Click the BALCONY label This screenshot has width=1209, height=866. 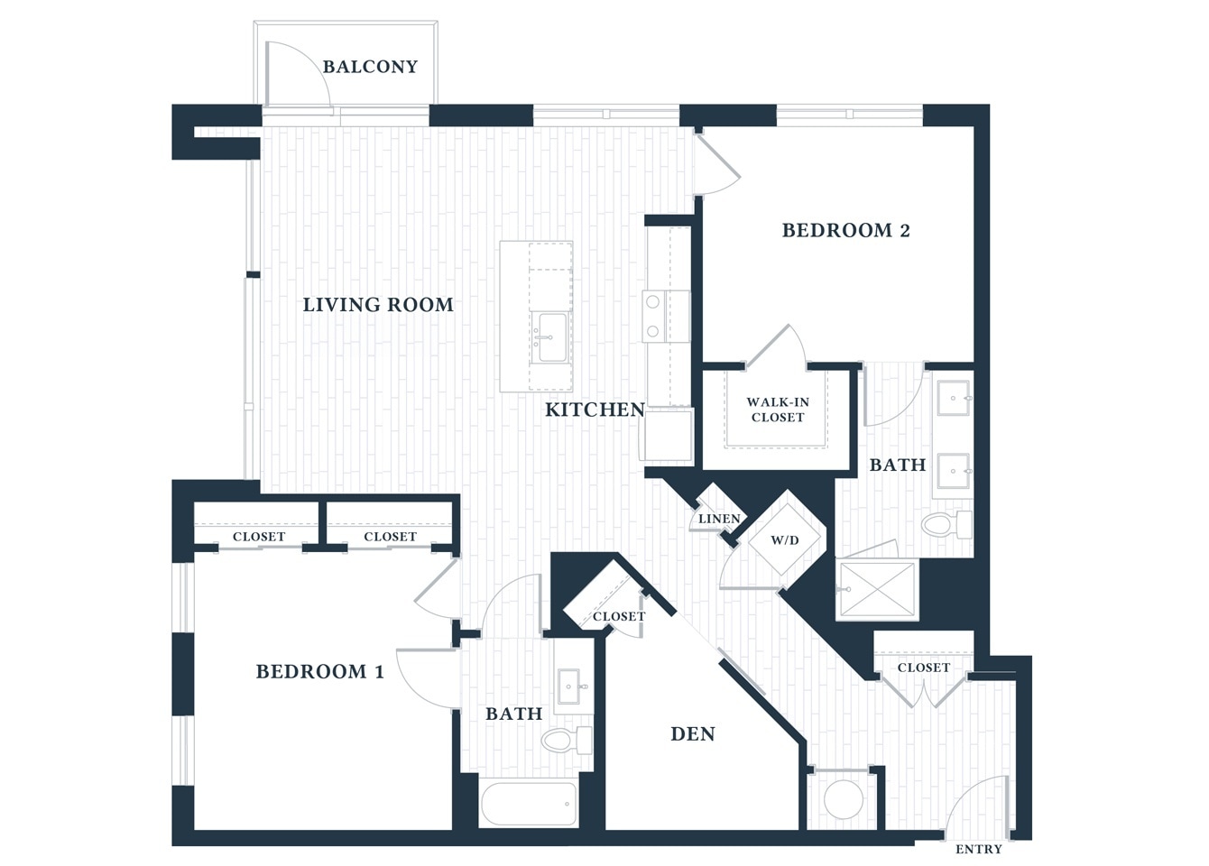(x=370, y=67)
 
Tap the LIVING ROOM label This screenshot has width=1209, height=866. (x=377, y=305)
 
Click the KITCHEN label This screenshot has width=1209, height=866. (x=595, y=410)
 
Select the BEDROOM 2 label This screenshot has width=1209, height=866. (x=845, y=231)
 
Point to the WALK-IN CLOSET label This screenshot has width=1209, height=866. (x=777, y=410)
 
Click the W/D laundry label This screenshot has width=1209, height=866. (x=784, y=540)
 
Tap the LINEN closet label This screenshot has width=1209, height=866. (x=719, y=519)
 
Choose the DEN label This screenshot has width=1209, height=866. (x=692, y=734)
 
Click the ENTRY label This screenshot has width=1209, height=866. (x=978, y=849)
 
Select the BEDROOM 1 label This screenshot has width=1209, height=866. (x=319, y=671)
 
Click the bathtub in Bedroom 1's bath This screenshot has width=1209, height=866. (x=529, y=803)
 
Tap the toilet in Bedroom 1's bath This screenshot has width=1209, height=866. (x=565, y=741)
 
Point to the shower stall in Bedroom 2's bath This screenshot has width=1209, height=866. (x=878, y=590)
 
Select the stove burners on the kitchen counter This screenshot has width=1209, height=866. (x=653, y=317)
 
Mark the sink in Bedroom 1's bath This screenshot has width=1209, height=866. (x=569, y=686)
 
